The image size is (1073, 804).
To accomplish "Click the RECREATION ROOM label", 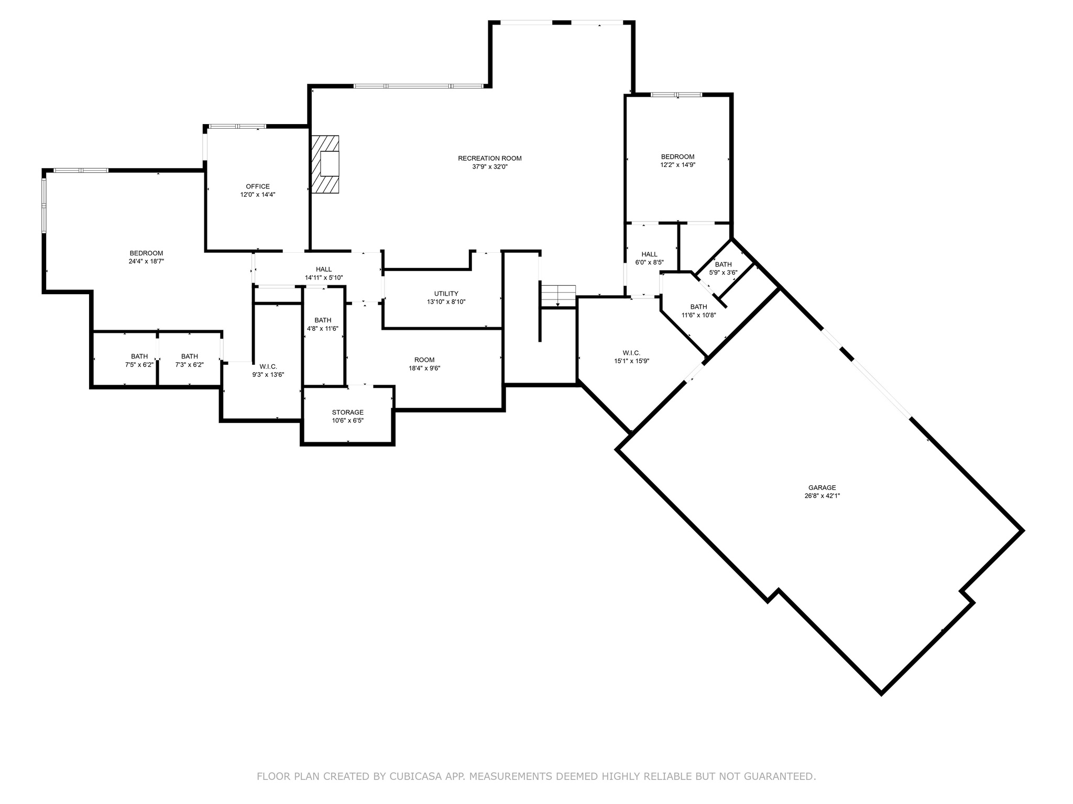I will [489, 159].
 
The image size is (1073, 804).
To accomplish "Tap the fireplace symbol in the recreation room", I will [325, 164].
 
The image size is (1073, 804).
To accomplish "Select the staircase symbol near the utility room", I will [558, 296].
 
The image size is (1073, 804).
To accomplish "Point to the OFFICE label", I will [258, 186].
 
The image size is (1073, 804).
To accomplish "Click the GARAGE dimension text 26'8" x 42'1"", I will [822, 496].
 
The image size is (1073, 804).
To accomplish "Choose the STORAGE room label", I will [347, 412].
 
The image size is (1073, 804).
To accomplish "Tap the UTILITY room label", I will [446, 294].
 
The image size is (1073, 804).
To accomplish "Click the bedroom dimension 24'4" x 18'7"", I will [146, 261].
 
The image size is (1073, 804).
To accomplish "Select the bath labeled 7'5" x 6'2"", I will [139, 361].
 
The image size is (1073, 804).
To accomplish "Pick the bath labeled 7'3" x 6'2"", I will [189, 361].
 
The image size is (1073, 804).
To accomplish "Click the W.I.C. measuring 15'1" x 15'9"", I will [631, 357].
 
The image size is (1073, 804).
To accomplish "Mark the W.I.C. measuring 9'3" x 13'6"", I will [268, 371].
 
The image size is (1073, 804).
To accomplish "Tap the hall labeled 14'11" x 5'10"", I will [324, 274].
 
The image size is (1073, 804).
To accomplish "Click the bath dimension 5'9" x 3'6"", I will [723, 272].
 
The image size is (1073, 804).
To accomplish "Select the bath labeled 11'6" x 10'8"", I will [698, 311].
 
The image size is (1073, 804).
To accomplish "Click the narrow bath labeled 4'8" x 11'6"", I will [323, 325].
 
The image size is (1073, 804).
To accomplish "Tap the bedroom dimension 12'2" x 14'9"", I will [677, 165].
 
